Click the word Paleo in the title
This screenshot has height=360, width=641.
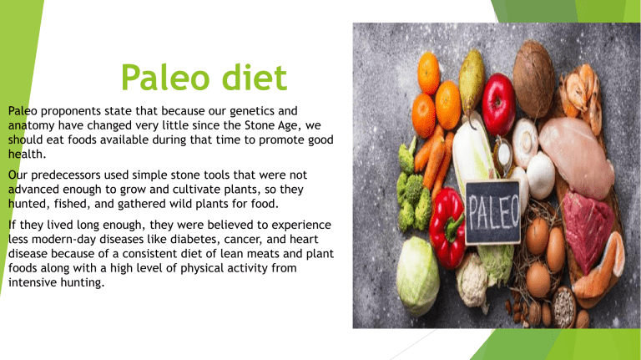click(x=164, y=81)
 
